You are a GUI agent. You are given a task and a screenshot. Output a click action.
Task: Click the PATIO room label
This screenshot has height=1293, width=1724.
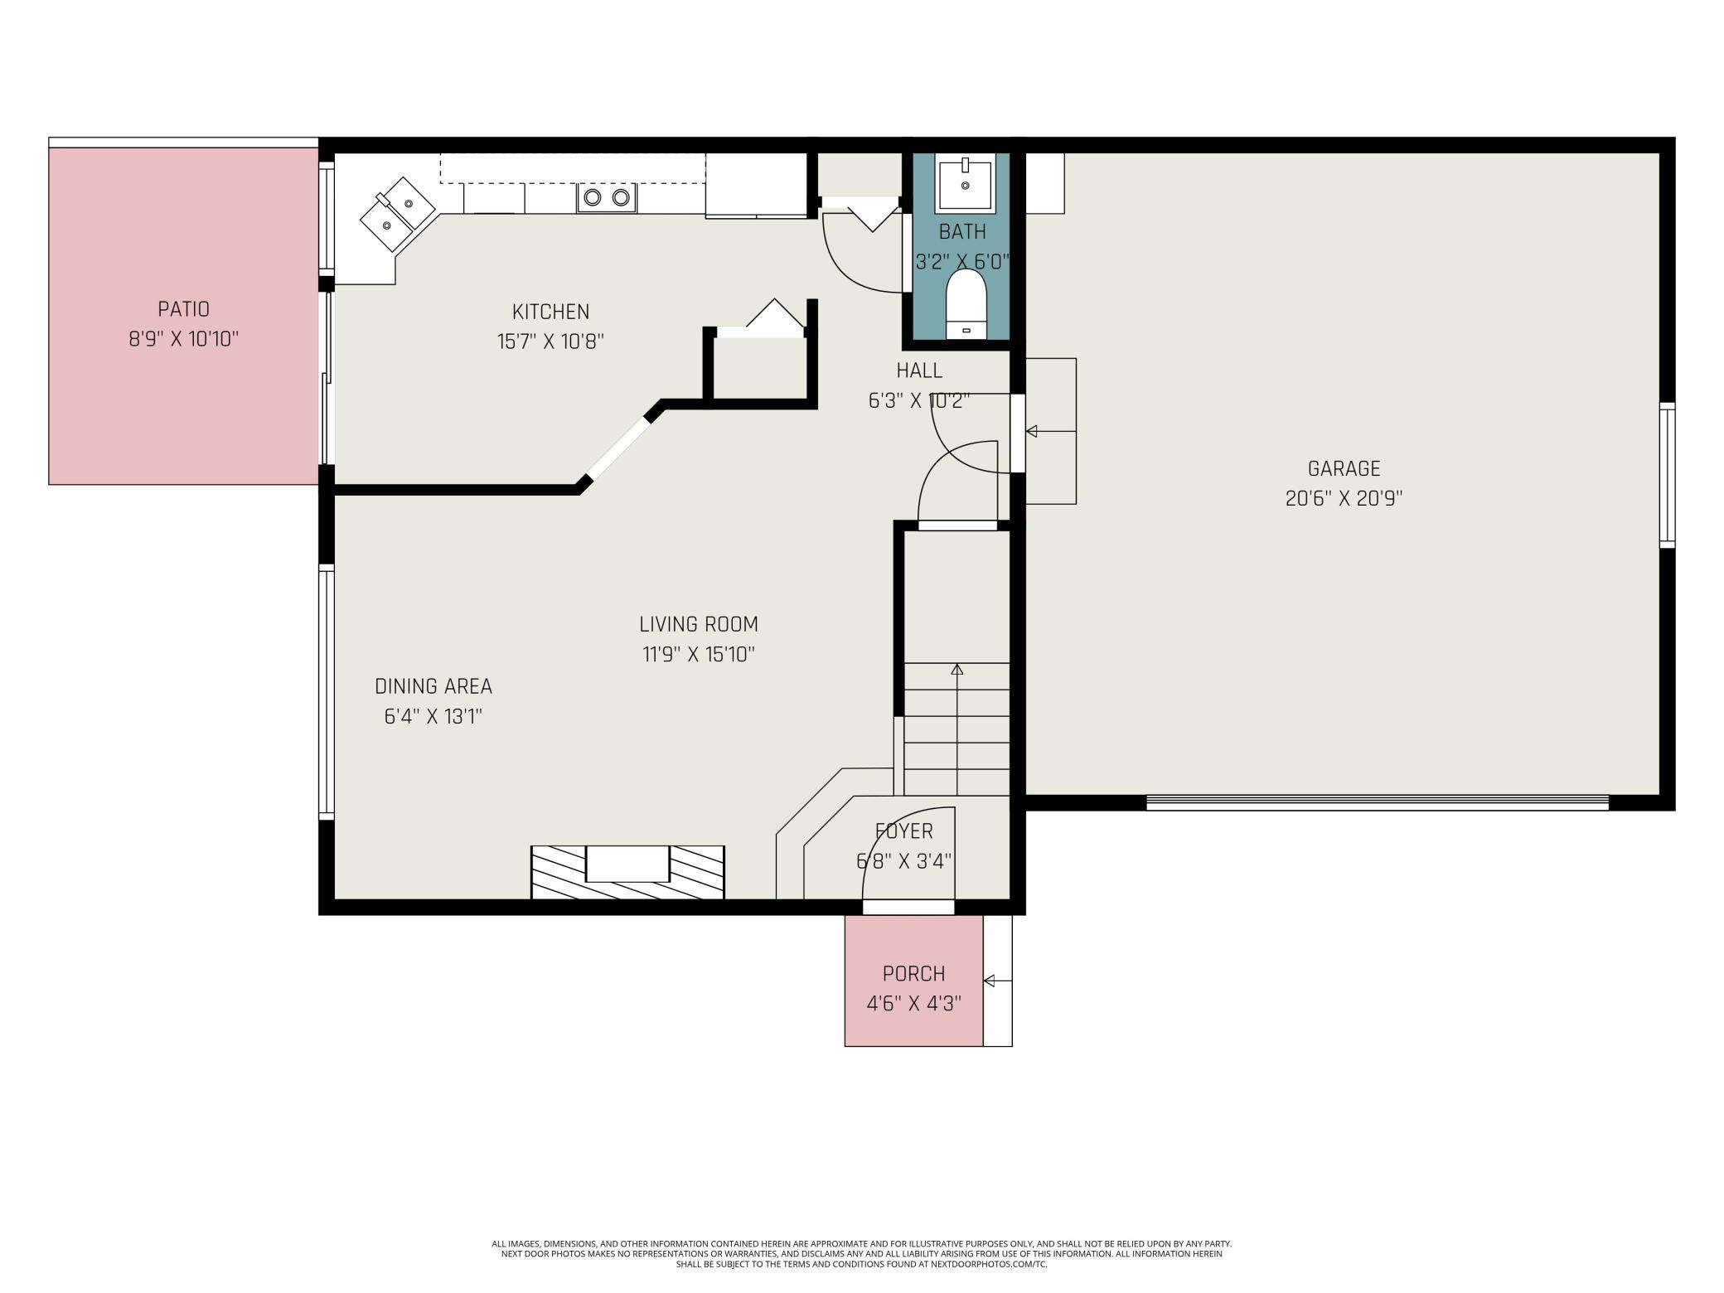tap(183, 309)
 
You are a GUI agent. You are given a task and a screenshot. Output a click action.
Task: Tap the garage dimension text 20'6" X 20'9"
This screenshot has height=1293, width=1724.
tap(1343, 498)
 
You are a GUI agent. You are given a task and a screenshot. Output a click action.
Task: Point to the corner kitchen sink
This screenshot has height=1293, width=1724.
tap(397, 213)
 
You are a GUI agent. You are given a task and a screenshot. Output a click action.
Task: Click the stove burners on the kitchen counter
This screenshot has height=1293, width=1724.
tap(606, 197)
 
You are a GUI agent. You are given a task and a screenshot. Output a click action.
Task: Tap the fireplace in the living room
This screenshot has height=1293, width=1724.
tap(627, 871)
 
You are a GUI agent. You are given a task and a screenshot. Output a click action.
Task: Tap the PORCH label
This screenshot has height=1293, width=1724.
tap(913, 973)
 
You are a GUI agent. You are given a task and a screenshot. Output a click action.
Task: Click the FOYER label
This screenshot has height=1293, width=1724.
tap(903, 831)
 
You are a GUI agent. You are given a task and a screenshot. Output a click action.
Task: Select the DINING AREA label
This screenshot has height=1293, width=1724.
tap(433, 686)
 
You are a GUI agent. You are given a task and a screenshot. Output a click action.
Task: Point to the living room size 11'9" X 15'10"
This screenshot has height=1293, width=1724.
tap(698, 654)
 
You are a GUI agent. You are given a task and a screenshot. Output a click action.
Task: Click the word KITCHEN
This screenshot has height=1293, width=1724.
tap(550, 312)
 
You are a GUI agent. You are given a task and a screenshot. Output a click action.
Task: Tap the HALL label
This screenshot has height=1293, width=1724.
tap(919, 370)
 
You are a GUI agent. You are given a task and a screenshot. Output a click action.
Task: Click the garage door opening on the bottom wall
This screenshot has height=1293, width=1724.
tap(1376, 801)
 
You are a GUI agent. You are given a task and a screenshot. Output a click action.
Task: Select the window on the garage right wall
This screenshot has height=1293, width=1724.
tap(1666, 475)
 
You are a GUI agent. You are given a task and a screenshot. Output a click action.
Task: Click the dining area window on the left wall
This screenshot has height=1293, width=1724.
tap(327, 692)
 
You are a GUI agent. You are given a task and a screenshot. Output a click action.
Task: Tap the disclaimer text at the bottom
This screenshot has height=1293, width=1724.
tap(861, 1253)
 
